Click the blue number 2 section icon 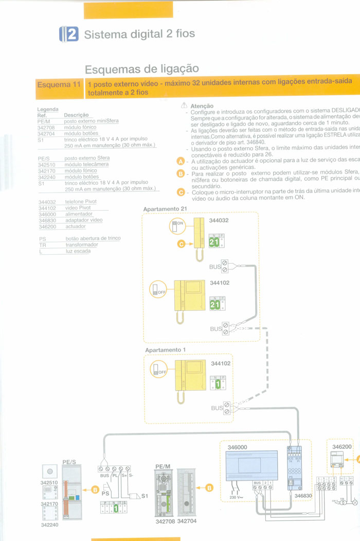tap(68, 34)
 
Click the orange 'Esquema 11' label tap(59, 84)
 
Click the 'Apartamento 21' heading tap(165, 209)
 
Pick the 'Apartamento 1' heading tap(166, 350)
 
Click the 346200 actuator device tap(341, 459)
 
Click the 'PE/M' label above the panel tap(163, 466)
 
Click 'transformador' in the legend tap(82, 245)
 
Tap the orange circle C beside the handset tap(181, 244)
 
